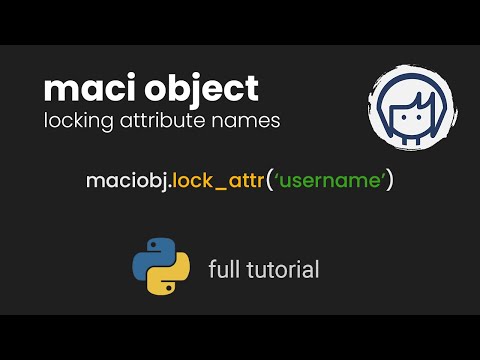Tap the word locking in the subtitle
75,121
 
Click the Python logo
161,267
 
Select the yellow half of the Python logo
170,277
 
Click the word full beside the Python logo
223,269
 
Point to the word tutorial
281,269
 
